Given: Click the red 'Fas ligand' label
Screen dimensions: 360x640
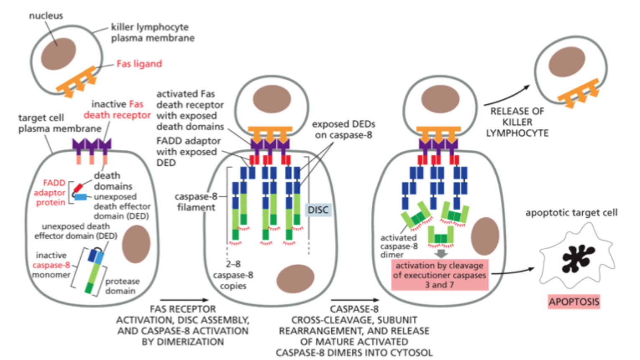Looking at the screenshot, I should [x=139, y=64].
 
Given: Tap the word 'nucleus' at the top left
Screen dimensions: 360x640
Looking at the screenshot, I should [x=46, y=15].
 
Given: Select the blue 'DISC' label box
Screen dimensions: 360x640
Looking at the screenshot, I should [x=318, y=210].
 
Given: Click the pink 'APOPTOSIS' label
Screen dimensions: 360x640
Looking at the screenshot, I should [x=574, y=301].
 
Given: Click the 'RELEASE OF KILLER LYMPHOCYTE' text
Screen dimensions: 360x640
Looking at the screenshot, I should [x=517, y=122].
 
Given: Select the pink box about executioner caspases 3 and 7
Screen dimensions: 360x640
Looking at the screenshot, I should [x=440, y=275].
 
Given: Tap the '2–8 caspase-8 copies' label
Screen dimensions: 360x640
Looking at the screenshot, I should [x=233, y=275].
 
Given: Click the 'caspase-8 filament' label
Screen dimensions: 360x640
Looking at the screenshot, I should [x=196, y=202].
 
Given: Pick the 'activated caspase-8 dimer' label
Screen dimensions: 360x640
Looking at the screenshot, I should [x=399, y=246].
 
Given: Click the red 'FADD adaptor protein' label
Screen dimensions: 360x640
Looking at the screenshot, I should [x=50, y=193].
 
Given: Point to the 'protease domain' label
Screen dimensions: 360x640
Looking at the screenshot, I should [x=122, y=286].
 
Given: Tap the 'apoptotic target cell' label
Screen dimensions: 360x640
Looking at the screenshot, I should [x=571, y=213].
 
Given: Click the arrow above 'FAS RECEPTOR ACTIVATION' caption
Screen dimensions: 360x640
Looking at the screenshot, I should [x=184, y=300].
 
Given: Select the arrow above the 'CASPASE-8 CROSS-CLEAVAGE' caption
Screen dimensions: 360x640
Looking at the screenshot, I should [x=355, y=300].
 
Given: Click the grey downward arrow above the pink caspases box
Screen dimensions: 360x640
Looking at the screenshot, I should [x=441, y=254].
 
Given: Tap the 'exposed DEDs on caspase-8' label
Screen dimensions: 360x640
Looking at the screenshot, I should [x=343, y=129].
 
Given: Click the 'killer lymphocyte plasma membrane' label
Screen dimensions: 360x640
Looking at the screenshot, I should [x=152, y=32].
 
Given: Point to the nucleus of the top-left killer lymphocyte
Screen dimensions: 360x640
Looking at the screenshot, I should [x=59, y=54].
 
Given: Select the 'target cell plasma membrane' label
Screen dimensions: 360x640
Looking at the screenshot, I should [x=59, y=123].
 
